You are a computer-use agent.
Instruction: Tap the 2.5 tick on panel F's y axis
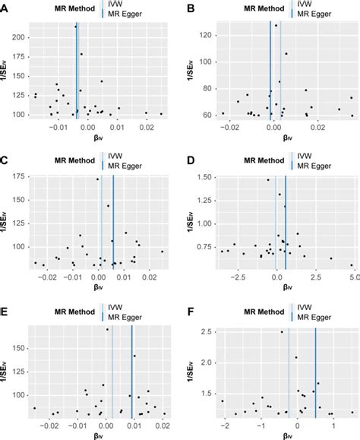(201, 331)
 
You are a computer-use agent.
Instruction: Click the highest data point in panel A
(76, 27)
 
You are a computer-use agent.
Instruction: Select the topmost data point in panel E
(107, 329)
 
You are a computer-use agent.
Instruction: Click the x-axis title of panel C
(98, 289)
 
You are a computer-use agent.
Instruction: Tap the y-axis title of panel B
(190, 68)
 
